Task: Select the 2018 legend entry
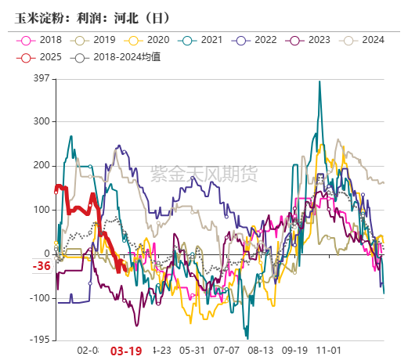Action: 42,40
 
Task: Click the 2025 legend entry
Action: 42,56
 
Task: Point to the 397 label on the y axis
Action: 42,78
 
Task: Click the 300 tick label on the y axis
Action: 42,121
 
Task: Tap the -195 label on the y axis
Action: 39,340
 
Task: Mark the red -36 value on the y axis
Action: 41,267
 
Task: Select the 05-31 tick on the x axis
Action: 192,351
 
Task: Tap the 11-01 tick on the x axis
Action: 328,351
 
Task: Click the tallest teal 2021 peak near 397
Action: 319,82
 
